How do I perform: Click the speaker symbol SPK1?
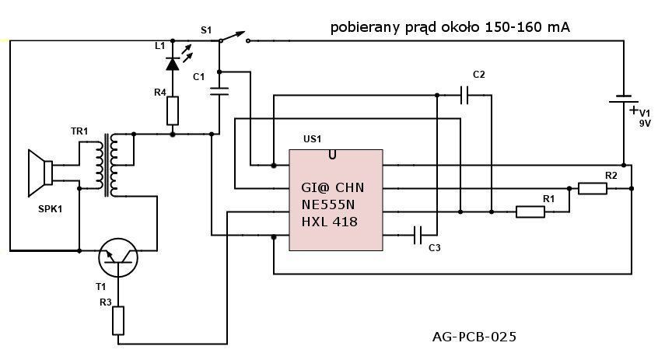pyautogui.click(x=40, y=173)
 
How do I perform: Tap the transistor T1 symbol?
pyautogui.click(x=118, y=257)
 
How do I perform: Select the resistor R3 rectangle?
pyautogui.click(x=118, y=320)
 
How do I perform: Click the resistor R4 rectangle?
pyautogui.click(x=172, y=110)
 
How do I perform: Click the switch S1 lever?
pyautogui.click(x=233, y=36)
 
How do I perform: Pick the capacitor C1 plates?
pyautogui.click(x=219, y=91)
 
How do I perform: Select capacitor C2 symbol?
pyautogui.click(x=465, y=95)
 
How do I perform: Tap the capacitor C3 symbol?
pyautogui.click(x=418, y=235)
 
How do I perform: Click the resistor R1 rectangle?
pyautogui.click(x=530, y=211)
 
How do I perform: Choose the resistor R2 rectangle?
pyautogui.click(x=593, y=188)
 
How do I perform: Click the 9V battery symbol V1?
pyautogui.click(x=624, y=100)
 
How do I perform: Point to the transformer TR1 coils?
pyautogui.click(x=107, y=165)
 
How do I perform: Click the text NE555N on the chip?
pyautogui.click(x=328, y=204)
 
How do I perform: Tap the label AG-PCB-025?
pyautogui.click(x=474, y=337)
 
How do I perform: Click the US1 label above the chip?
pyautogui.click(x=312, y=139)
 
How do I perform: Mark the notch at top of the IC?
pyautogui.click(x=332, y=155)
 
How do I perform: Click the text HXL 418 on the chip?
pyautogui.click(x=330, y=222)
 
